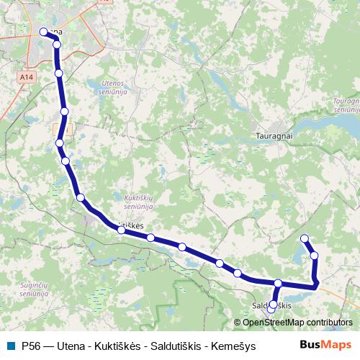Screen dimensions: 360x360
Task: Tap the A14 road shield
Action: [x=26, y=76]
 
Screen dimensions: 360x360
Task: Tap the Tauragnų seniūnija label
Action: [x=347, y=107]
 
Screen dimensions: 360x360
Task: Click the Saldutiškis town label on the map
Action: [x=273, y=306]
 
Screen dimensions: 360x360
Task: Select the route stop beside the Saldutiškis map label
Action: [x=272, y=305]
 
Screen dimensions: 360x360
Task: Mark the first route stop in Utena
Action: [x=42, y=32]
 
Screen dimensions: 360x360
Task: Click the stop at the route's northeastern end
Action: [x=305, y=238]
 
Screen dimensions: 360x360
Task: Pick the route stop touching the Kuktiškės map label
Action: [x=122, y=230]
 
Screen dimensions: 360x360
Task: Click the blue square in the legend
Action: [x=10, y=345]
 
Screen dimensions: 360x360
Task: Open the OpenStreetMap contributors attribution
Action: [x=297, y=323]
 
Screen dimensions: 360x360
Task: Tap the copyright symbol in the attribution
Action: [x=238, y=323]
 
